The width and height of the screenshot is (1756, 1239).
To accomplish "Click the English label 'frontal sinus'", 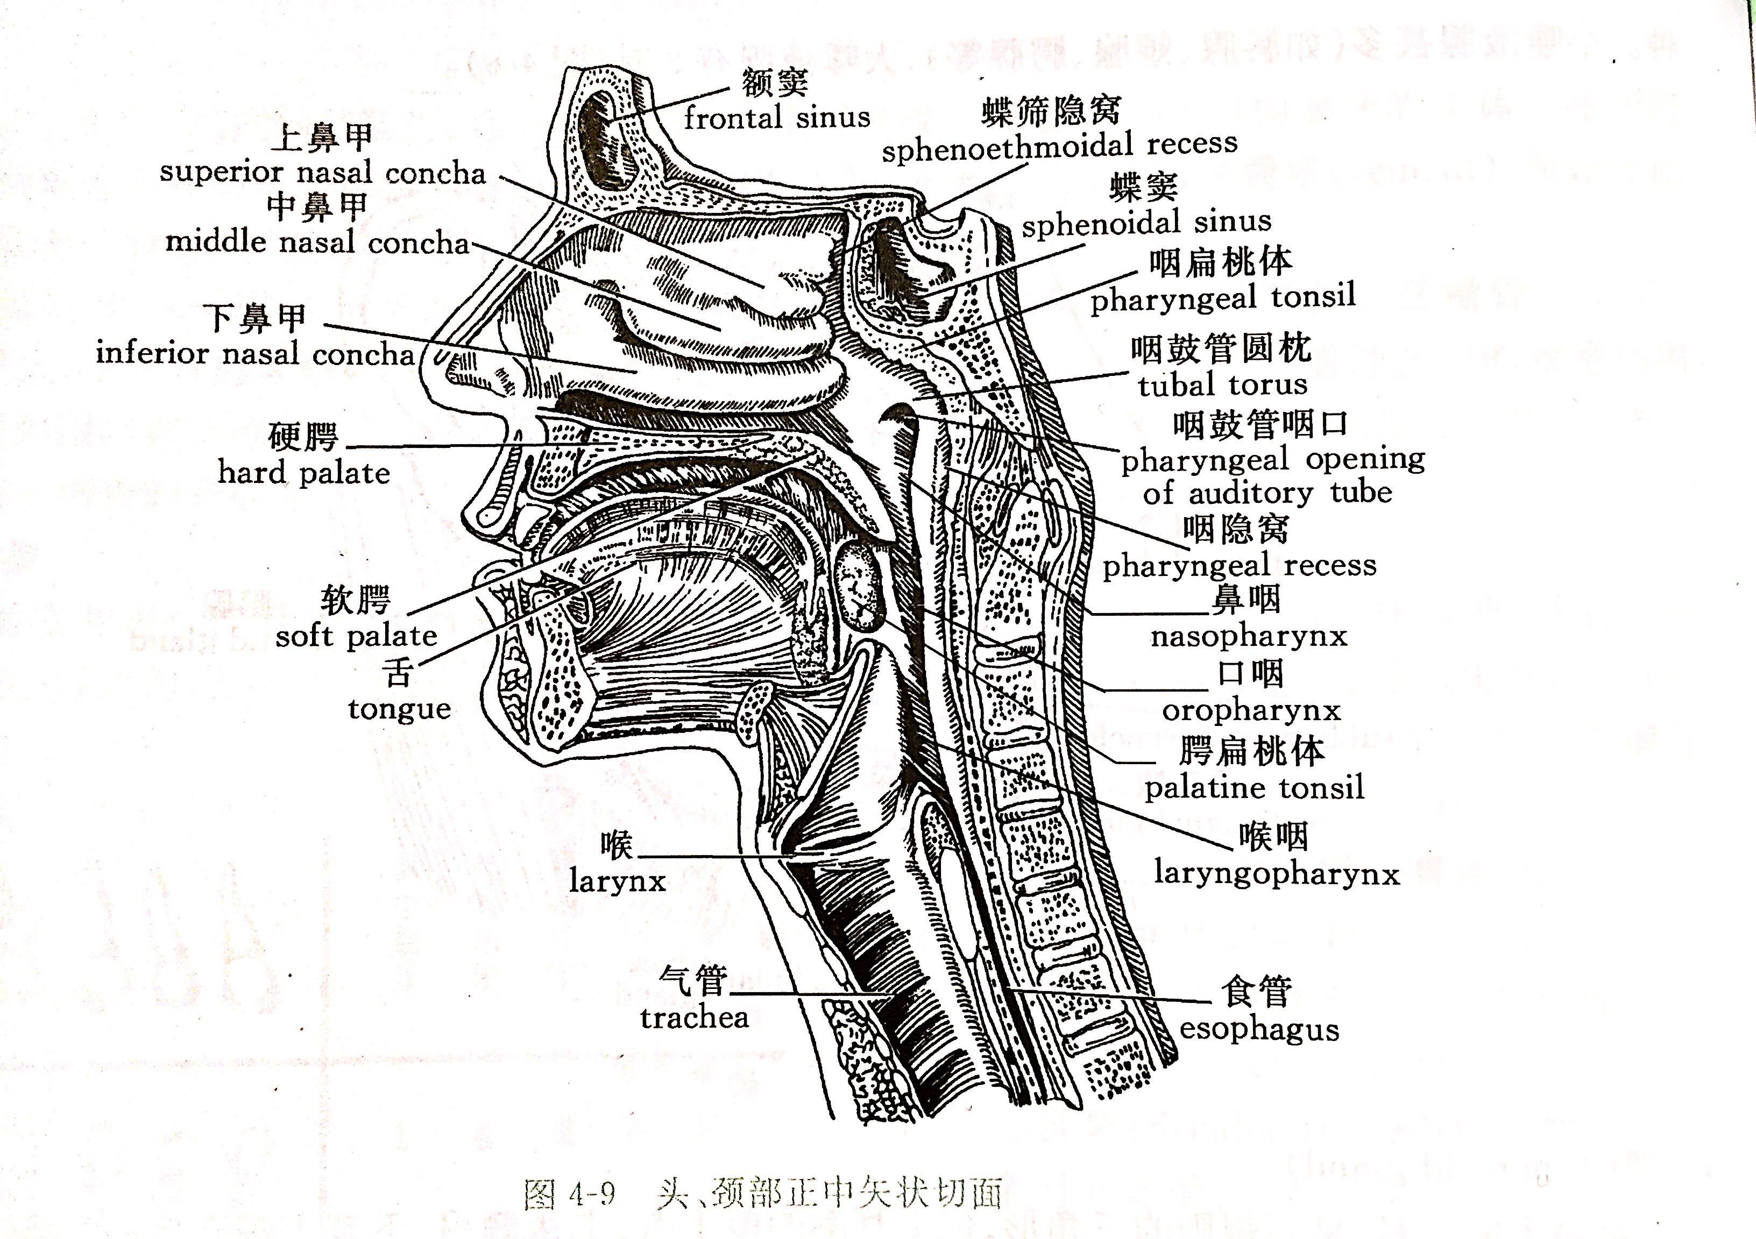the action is [776, 118].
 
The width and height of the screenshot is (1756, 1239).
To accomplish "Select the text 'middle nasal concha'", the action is [317, 243].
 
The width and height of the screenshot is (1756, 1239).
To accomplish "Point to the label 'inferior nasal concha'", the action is [254, 354].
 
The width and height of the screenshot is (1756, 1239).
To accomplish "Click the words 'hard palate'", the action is [303, 472].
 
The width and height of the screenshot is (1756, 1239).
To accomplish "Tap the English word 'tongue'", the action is [399, 709].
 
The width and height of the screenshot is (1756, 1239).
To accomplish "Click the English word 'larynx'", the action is [617, 881].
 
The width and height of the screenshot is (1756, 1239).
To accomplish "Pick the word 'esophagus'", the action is [1259, 1029].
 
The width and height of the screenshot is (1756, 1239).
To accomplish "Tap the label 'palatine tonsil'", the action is [1254, 787].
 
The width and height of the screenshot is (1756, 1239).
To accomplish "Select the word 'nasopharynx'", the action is [1249, 636].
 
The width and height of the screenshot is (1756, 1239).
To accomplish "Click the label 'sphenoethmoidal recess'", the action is [1059, 145].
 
